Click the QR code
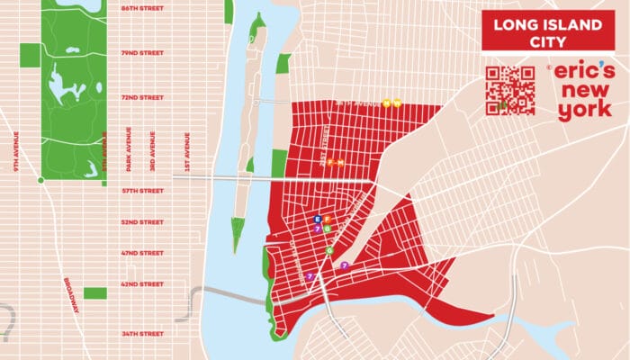509,91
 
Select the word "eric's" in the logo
583,72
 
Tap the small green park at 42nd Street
95,293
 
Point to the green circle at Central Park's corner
40,180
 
